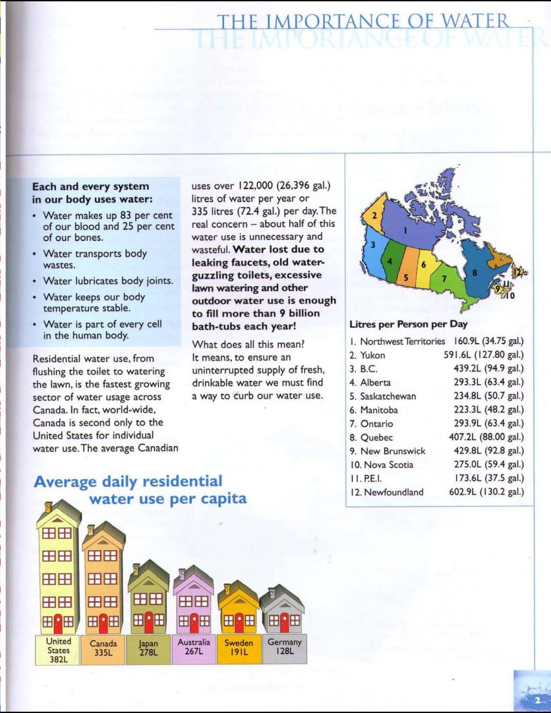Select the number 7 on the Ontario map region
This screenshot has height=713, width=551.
coord(445,279)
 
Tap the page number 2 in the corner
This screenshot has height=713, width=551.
coord(538,700)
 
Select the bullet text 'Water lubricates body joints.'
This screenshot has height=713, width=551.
coord(107,281)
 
